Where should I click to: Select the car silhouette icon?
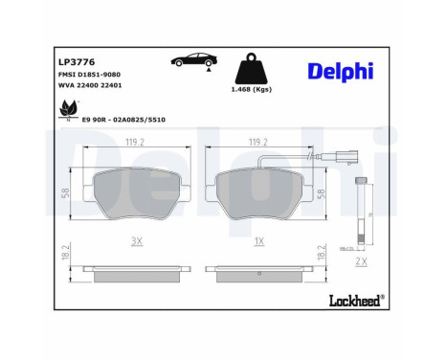[190, 62]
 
